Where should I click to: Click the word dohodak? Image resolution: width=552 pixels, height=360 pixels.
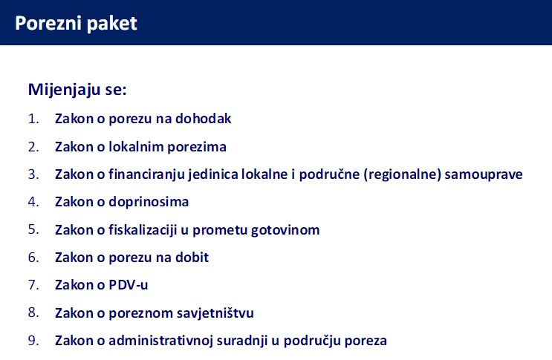tap(204, 119)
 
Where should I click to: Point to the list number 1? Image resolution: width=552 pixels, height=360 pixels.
tap(32, 119)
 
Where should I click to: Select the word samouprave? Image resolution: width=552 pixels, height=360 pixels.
tap(486, 174)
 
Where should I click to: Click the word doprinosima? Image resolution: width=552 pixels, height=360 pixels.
tap(149, 202)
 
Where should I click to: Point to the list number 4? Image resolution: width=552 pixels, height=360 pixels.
tap(32, 202)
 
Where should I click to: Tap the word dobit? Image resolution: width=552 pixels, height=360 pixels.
tap(192, 258)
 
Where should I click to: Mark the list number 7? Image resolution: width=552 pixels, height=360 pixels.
tap(32, 285)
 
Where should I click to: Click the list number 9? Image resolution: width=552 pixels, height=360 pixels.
tap(32, 341)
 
